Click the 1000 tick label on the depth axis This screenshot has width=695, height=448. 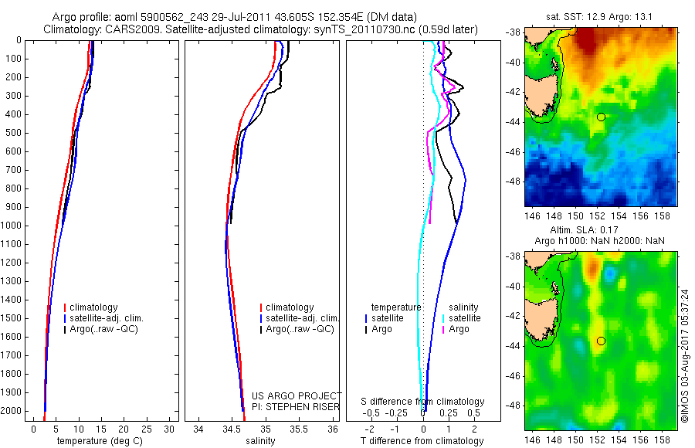click(x=12, y=226)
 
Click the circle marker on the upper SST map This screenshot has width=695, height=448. click(x=601, y=117)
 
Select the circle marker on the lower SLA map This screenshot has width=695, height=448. click(x=601, y=341)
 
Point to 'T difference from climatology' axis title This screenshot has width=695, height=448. click(x=422, y=441)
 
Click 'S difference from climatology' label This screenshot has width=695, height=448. click(x=422, y=402)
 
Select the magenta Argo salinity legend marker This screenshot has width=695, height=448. click(x=444, y=329)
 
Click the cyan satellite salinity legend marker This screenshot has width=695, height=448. click(x=444, y=318)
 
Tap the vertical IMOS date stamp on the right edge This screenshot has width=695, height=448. click(x=685, y=351)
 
